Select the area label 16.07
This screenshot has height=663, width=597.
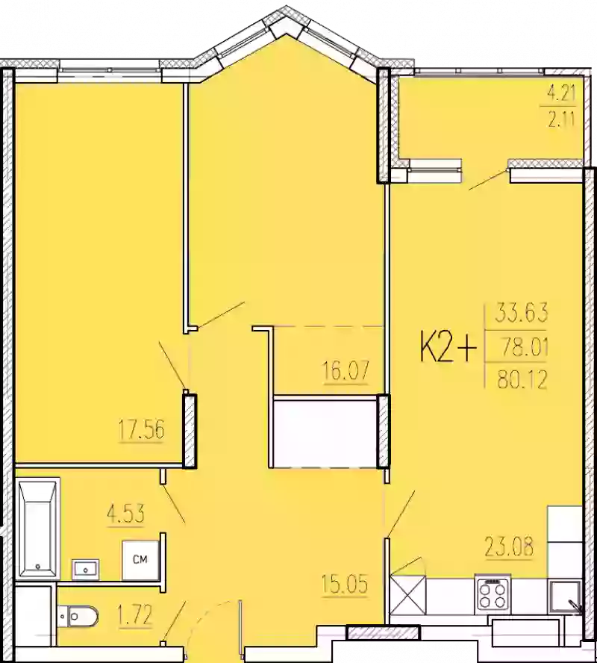(x=346, y=371)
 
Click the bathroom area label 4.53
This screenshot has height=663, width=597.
(x=125, y=514)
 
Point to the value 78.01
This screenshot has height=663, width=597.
(x=516, y=346)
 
